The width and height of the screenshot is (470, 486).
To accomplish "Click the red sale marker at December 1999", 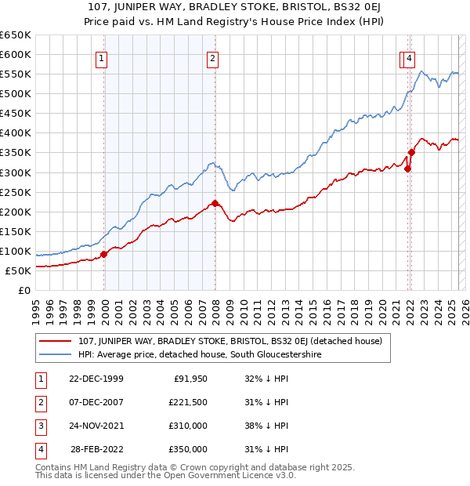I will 104,254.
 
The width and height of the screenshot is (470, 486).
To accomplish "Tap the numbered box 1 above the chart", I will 103,57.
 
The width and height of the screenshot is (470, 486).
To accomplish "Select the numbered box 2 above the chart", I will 213,57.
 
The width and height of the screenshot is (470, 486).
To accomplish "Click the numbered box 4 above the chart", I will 410,57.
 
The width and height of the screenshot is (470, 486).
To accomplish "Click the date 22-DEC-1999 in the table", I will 96,379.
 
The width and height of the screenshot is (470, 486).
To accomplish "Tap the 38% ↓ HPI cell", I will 267,426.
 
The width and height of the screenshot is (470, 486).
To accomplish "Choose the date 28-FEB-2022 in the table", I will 96,449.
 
